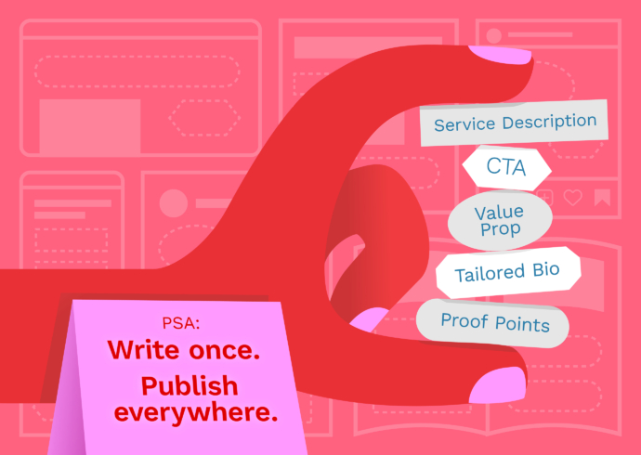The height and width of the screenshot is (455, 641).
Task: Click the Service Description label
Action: click(x=514, y=123)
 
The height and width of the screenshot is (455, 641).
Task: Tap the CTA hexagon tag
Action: click(x=507, y=167)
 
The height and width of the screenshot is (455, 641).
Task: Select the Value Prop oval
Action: click(x=500, y=220)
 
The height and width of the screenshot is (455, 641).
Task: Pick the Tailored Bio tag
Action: click(x=508, y=272)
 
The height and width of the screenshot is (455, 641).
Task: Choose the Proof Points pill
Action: click(x=492, y=323)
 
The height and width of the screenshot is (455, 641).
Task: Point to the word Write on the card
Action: click(x=143, y=350)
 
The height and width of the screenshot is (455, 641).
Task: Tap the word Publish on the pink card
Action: click(x=190, y=386)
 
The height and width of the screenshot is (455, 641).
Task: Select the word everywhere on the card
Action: click(x=196, y=412)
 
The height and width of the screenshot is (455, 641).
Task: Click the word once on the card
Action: click(x=225, y=350)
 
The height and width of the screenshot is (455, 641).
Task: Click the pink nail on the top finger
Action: click(x=500, y=55)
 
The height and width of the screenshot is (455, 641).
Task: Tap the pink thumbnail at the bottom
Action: click(x=498, y=384)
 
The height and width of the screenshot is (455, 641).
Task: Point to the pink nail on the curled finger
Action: click(x=369, y=319)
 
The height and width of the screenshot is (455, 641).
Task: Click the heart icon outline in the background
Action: click(x=573, y=198)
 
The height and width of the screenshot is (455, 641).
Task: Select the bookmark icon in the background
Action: click(x=602, y=198)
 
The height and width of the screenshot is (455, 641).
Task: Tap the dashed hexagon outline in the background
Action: click(x=204, y=117)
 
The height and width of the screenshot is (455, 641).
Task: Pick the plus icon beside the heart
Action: click(x=545, y=198)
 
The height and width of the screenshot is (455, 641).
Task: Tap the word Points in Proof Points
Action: click(x=522, y=324)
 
